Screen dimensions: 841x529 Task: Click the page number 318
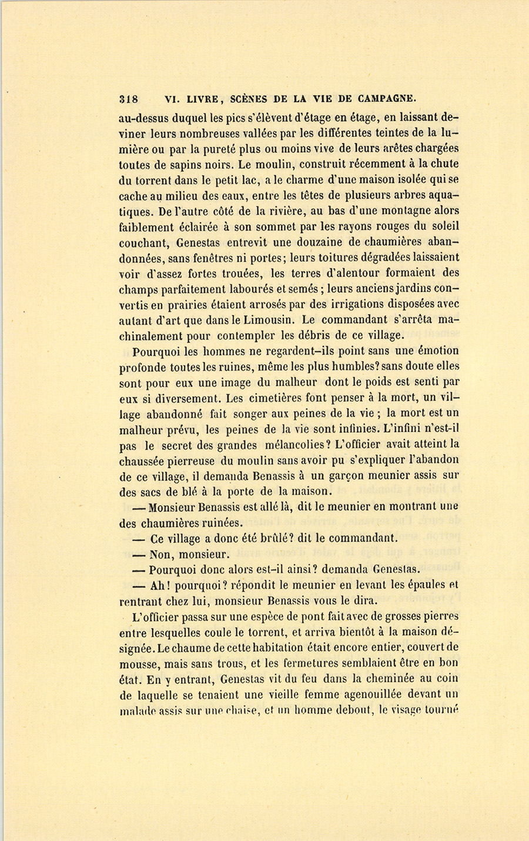coord(128,99)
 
